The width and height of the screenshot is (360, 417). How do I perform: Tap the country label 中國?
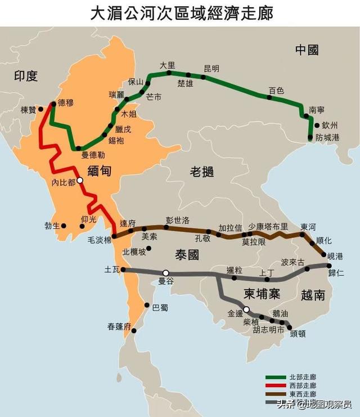307,50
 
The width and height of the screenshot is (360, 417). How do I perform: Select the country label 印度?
25,76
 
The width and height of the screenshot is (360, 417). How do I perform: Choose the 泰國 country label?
187,254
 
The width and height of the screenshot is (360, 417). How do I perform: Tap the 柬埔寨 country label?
262,294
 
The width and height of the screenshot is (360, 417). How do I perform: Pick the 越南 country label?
313,294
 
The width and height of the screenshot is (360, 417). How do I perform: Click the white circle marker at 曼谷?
166,273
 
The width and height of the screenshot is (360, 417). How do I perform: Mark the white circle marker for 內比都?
80,181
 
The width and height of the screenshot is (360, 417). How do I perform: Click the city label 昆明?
211,69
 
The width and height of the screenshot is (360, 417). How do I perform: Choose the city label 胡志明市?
268,330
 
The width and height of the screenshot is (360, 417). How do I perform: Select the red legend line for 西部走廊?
275,385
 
